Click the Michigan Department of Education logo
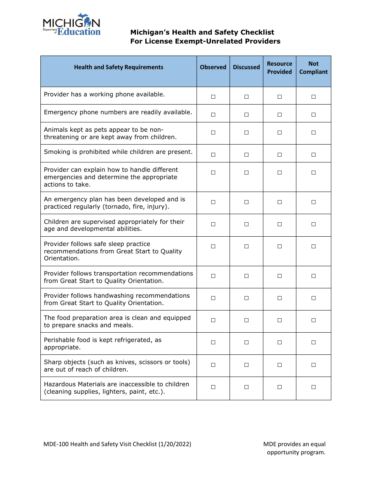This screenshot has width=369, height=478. (71, 25)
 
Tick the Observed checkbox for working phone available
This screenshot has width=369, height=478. (213, 97)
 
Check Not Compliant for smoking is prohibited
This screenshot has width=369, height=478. (313, 155)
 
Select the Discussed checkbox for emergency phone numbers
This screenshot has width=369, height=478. (246, 115)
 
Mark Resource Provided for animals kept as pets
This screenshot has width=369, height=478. (280, 133)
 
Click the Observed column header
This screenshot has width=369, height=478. (213, 67)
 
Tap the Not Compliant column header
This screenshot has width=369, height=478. (313, 68)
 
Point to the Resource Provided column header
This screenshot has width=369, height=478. (280, 68)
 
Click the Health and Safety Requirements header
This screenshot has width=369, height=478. (118, 67)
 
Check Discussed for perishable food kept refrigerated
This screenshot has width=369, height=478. (246, 342)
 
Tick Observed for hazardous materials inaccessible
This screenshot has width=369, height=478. (213, 387)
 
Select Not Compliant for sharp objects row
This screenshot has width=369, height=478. (313, 365)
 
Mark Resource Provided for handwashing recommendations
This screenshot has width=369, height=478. (280, 298)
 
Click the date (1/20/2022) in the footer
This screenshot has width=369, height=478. (175, 444)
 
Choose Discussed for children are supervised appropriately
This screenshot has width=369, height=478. (246, 224)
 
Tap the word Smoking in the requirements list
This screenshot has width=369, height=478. (56, 152)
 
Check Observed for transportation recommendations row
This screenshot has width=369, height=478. (213, 276)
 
